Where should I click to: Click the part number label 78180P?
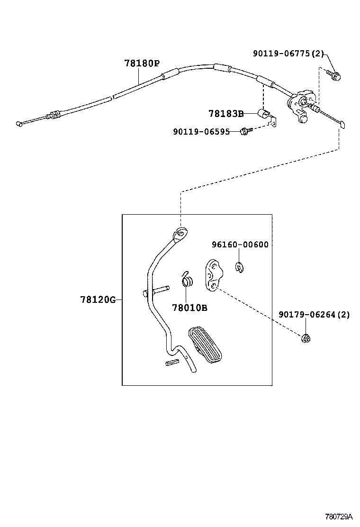click(142, 64)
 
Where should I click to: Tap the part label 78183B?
click(225, 113)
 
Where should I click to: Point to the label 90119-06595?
click(201, 132)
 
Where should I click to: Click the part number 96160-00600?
click(240, 245)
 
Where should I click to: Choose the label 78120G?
click(98, 300)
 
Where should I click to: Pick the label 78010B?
click(189, 308)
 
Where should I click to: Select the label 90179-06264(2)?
click(314, 314)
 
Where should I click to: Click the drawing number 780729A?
click(339, 516)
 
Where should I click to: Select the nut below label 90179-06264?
click(306, 338)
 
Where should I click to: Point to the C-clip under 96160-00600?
click(239, 267)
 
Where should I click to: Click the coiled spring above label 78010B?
click(188, 281)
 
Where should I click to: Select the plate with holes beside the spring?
click(211, 275)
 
